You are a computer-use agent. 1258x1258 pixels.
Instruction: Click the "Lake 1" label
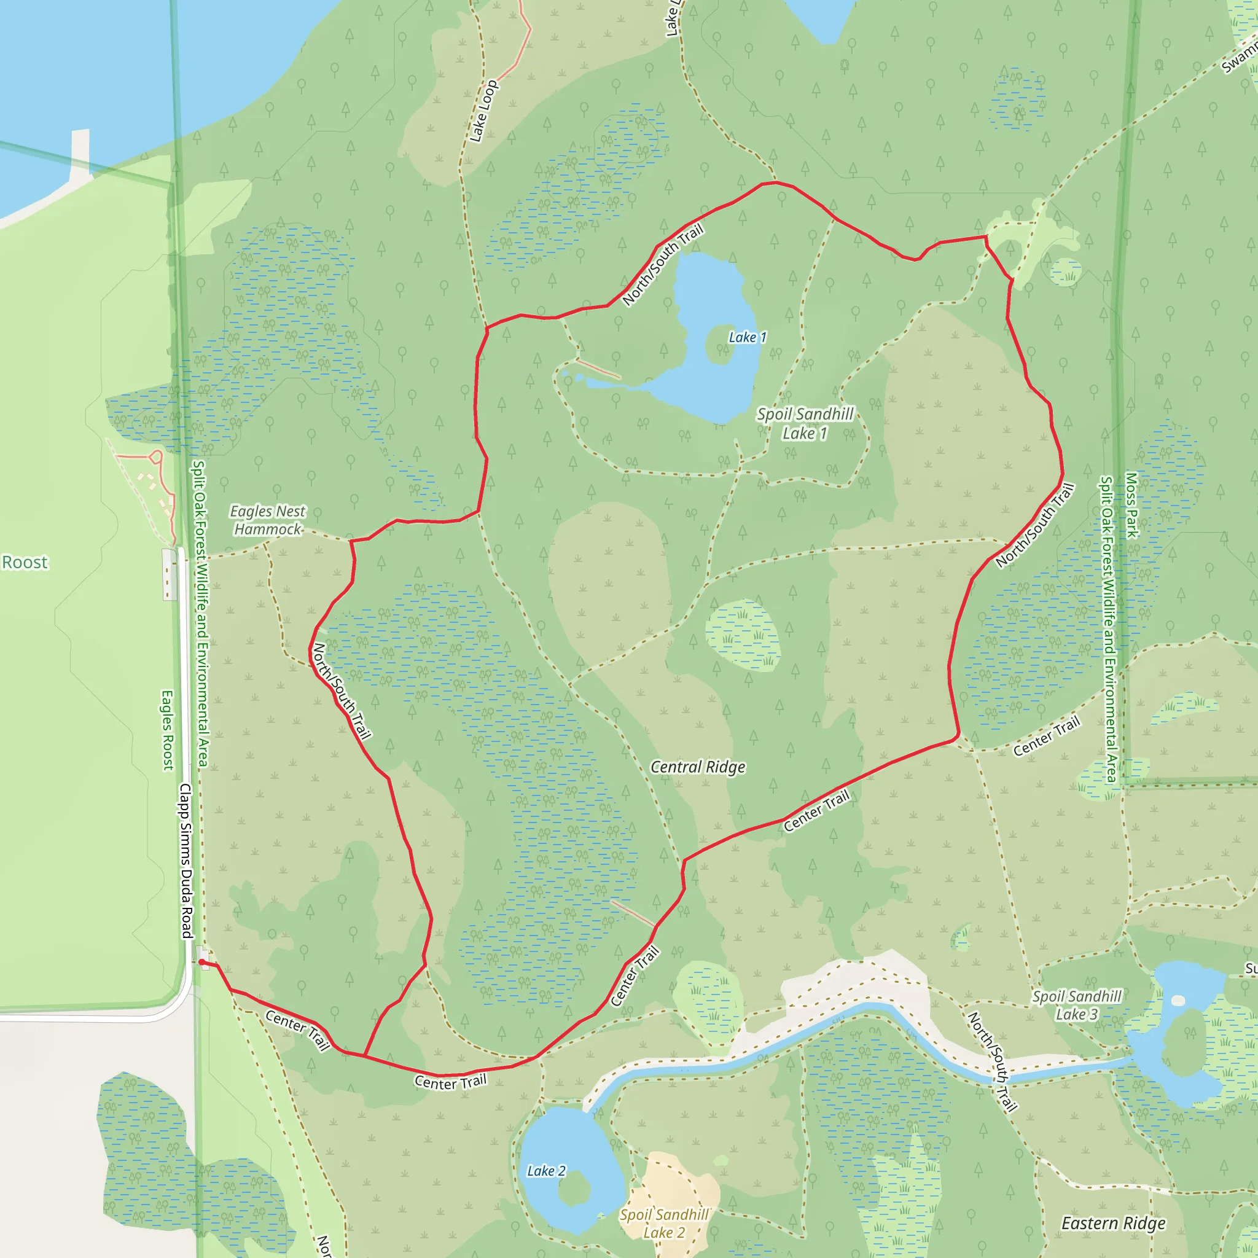pos(747,337)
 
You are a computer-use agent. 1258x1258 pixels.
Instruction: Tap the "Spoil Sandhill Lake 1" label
pos(805,423)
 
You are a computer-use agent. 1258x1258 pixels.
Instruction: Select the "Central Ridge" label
pos(698,767)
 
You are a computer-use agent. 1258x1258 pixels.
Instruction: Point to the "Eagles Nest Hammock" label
pos(268,520)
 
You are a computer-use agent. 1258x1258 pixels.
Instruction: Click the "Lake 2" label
pos(546,1171)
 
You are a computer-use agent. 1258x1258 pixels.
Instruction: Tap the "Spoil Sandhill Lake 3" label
pos(1077,1005)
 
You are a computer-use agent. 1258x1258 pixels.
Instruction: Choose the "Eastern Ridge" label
pos(1114,1224)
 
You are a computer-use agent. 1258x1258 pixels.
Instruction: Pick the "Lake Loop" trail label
pos(484,111)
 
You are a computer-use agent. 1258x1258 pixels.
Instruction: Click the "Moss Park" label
pos(1132,506)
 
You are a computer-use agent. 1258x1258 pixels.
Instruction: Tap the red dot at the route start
pos(202,962)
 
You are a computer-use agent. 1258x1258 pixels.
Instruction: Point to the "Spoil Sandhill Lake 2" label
pos(663,1224)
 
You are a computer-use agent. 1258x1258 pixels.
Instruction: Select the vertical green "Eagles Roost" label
pos(168,730)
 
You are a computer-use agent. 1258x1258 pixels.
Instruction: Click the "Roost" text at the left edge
pos(25,563)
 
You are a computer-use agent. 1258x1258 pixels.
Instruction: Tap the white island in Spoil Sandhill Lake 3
pos(1178,1000)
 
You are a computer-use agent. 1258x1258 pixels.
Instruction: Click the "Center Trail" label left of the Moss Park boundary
pos(1046,736)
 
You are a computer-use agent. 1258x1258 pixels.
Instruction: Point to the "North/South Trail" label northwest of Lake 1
pos(663,264)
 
